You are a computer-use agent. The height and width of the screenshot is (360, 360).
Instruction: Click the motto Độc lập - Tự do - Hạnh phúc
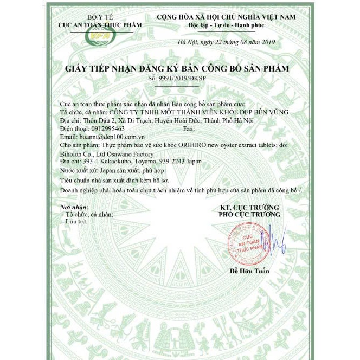coord(227,25)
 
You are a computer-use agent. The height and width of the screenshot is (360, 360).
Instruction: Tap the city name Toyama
coord(145,161)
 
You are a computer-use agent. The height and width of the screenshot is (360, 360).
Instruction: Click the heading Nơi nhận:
coord(73,208)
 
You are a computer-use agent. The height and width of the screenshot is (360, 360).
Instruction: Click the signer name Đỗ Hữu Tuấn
coord(249,271)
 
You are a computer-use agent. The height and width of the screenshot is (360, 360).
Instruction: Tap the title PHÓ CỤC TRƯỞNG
coord(250,215)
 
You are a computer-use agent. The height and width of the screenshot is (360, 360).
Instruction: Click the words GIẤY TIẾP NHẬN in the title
coord(99,68)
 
